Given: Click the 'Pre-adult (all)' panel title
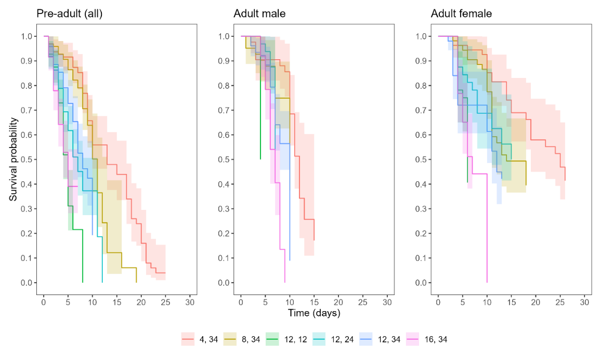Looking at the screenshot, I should [x=69, y=14].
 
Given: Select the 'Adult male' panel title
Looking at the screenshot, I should [x=259, y=14].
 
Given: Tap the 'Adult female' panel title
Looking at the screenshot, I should [x=461, y=14].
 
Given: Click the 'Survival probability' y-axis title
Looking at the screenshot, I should [x=15, y=159].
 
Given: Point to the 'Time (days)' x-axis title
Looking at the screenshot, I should [x=314, y=313].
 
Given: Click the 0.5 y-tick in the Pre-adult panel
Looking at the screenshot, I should [x=26, y=159].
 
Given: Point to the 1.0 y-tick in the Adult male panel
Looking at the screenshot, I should [x=224, y=36].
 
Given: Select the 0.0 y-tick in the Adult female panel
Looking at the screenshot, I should [x=421, y=283].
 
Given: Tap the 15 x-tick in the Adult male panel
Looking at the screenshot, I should [x=314, y=302].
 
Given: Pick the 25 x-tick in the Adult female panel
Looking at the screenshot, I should [x=560, y=302].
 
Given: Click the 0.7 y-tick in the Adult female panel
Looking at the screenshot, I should [x=421, y=110].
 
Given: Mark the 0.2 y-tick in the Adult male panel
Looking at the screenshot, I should [x=224, y=233].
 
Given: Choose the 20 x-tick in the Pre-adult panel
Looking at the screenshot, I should [x=141, y=302].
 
